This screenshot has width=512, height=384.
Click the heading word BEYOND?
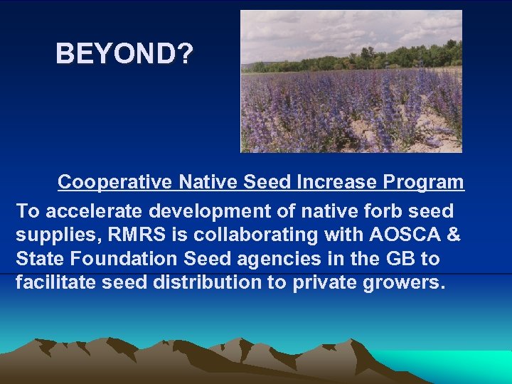(124, 53)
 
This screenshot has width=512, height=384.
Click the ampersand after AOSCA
(452, 235)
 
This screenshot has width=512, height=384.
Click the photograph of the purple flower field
(351, 107)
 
